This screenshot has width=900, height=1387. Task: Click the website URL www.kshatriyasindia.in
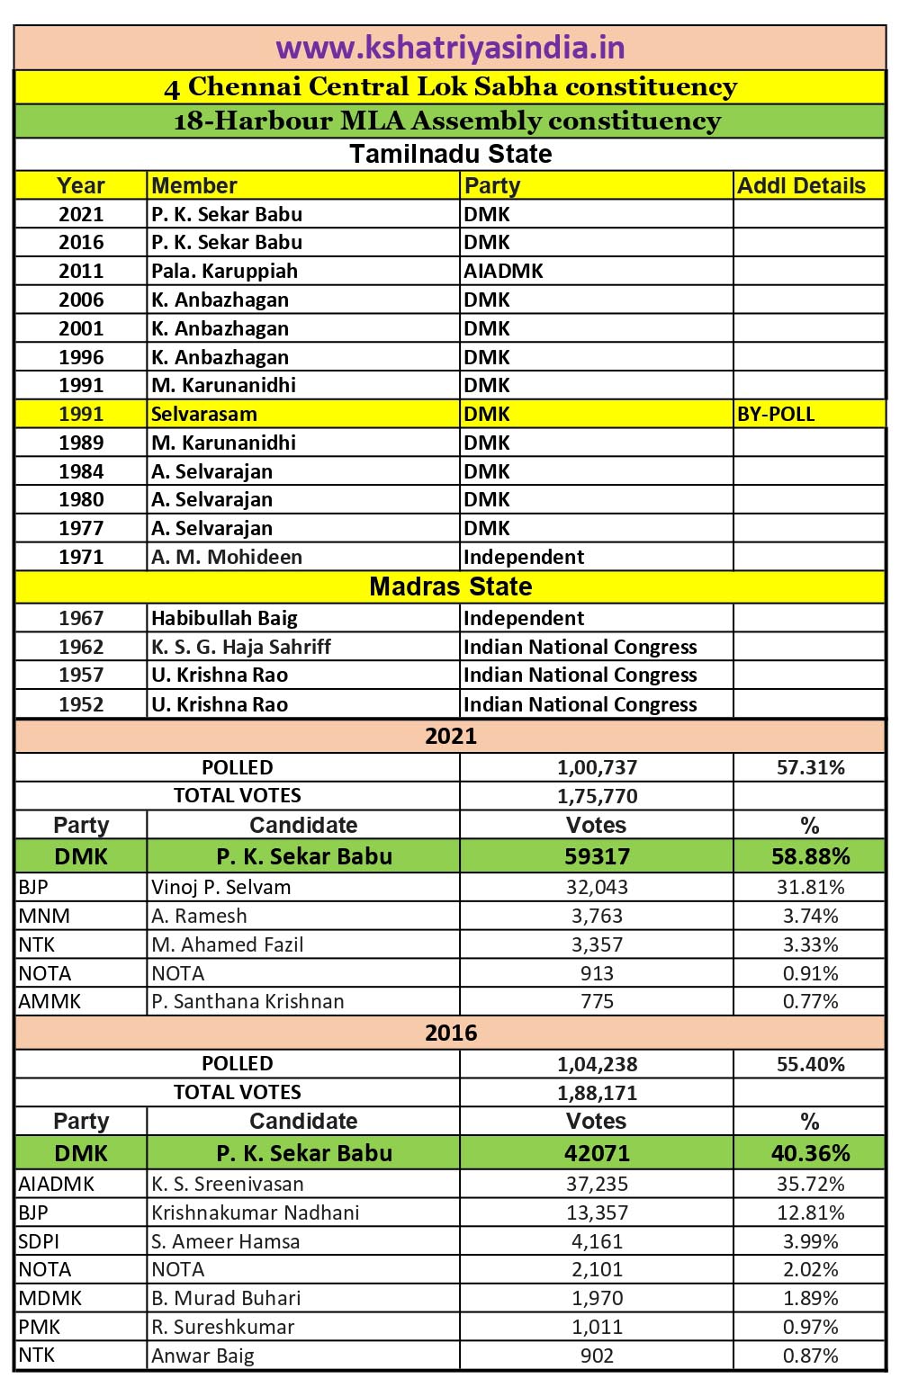pyautogui.click(x=450, y=47)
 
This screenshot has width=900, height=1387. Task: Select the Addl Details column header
pyautogui.click(x=801, y=185)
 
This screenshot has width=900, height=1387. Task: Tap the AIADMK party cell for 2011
pyautogui.click(x=503, y=271)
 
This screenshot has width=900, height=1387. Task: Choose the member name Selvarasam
pyautogui.click(x=204, y=414)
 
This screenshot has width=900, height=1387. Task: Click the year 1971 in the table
pyautogui.click(x=81, y=557)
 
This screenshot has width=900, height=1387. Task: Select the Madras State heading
pyautogui.click(x=450, y=586)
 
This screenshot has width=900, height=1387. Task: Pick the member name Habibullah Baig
pyautogui.click(x=224, y=618)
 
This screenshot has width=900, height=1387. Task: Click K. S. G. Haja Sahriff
pyautogui.click(x=241, y=647)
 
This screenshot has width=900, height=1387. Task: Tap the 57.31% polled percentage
pyautogui.click(x=810, y=767)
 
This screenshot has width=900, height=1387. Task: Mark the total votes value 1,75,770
pyautogui.click(x=597, y=796)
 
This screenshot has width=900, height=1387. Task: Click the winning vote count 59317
pyautogui.click(x=597, y=856)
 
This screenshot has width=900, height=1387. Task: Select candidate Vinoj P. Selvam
pyautogui.click(x=221, y=887)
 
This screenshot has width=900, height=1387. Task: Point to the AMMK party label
pyautogui.click(x=49, y=1001)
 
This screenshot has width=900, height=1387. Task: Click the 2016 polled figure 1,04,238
pyautogui.click(x=597, y=1064)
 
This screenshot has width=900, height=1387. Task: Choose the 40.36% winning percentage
pyautogui.click(x=810, y=1153)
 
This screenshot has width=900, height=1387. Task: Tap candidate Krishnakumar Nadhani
pyautogui.click(x=256, y=1213)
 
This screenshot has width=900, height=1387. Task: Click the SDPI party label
pyautogui.click(x=40, y=1241)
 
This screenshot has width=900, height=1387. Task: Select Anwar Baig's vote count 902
pyautogui.click(x=597, y=1356)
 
